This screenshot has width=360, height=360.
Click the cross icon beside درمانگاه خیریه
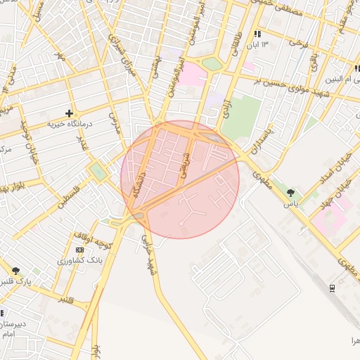[x=69, y=113]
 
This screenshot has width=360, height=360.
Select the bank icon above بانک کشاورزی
[x=79, y=250]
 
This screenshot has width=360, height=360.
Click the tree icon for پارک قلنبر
[x=15, y=271]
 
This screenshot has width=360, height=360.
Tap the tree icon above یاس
[x=290, y=192]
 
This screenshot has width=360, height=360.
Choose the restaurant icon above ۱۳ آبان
[x=258, y=34]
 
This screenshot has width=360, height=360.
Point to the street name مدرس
[x=115, y=121]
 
